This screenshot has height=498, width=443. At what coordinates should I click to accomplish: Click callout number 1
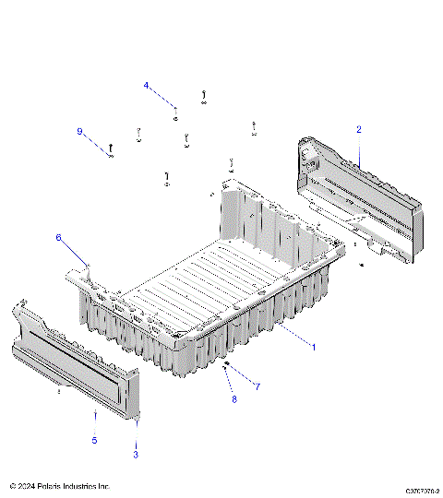click(x=313, y=348)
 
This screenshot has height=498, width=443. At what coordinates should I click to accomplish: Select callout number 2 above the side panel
click(x=359, y=129)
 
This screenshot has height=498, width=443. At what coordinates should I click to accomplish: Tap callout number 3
click(x=137, y=455)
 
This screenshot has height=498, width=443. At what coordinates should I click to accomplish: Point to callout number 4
click(x=146, y=85)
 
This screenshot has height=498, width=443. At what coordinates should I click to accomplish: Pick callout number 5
click(x=94, y=441)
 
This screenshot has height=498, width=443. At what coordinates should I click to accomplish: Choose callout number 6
click(x=58, y=238)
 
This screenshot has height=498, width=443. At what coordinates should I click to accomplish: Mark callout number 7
click(x=257, y=386)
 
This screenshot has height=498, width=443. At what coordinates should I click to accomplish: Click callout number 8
click(x=234, y=399)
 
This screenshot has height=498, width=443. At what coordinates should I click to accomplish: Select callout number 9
click(x=79, y=131)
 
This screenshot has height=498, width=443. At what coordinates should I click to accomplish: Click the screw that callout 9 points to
click(x=111, y=148)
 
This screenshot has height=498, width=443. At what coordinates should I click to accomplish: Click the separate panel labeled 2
click(x=360, y=198)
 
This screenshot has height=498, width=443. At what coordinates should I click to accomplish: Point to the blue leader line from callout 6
click(x=74, y=251)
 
